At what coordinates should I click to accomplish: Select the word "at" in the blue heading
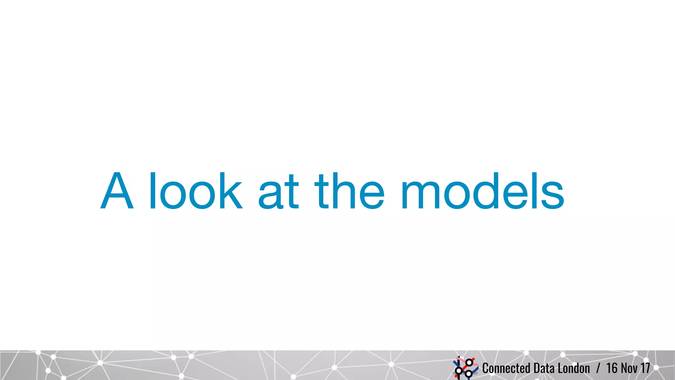coord(279,193)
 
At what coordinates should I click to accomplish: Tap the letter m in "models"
coord(420,195)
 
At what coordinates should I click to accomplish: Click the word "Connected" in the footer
coord(506,368)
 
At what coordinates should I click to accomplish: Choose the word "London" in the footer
coord(574,368)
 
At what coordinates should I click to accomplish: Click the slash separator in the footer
coord(598,368)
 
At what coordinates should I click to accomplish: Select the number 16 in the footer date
coord(612,368)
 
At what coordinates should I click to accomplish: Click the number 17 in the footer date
coord(645,368)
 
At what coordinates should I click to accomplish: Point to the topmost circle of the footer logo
coord(469,363)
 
